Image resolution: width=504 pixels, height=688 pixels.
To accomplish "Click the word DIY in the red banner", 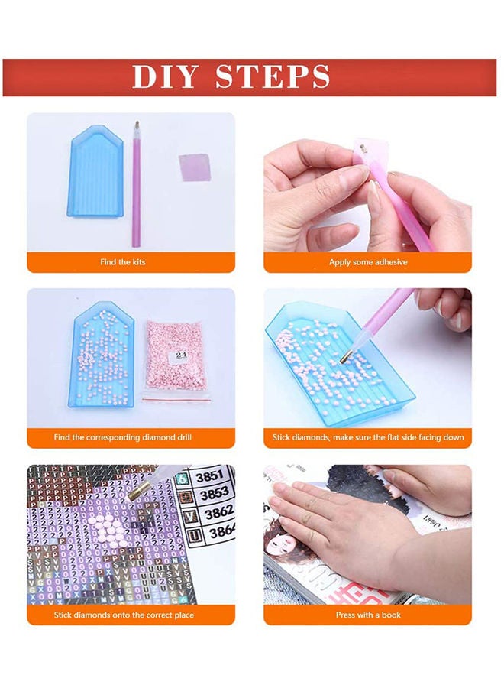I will pyautogui.click(x=166, y=77).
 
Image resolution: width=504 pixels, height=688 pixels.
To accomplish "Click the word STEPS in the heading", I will pyautogui.click(x=273, y=77).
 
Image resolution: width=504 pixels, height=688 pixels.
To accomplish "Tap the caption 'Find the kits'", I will pyautogui.click(x=123, y=262).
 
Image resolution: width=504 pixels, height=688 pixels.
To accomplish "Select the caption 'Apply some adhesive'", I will pyautogui.click(x=368, y=262).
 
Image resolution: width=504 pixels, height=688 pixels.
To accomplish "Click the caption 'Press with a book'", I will pyautogui.click(x=368, y=615).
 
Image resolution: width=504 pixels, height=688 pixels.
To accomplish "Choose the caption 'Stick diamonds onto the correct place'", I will pyautogui.click(x=124, y=615).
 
